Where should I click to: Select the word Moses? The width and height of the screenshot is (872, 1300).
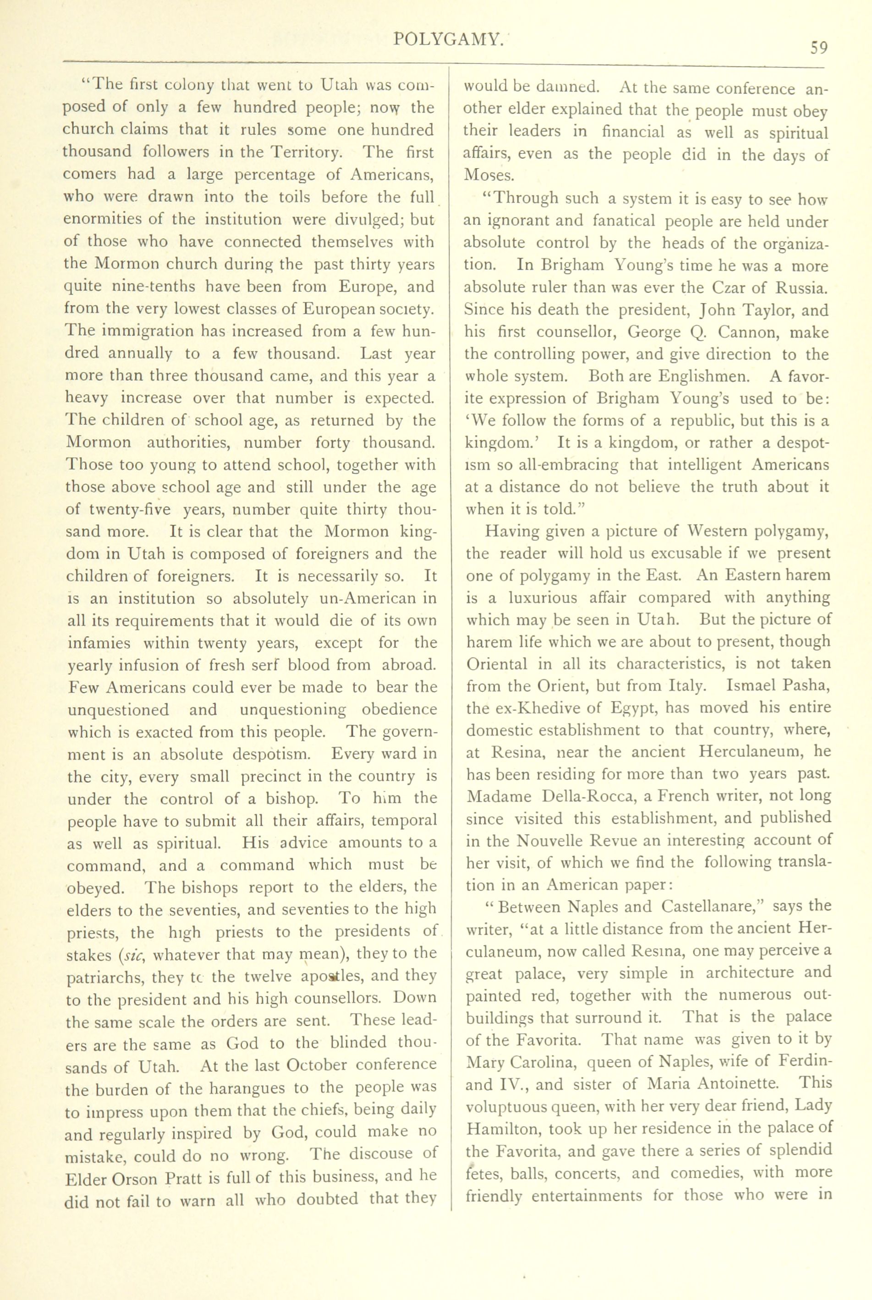tap(489, 176)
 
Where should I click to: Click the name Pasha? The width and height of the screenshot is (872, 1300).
tap(805, 686)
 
